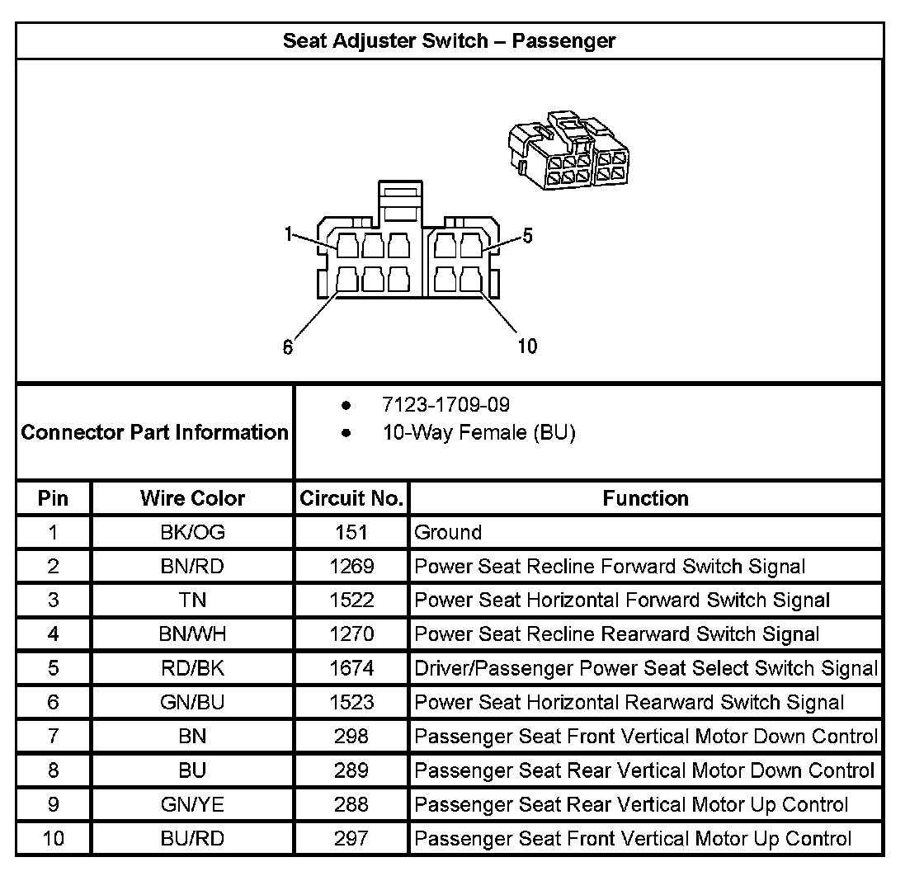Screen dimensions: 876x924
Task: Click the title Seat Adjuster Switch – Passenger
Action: tap(449, 40)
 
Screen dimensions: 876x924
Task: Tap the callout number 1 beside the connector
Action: tap(288, 234)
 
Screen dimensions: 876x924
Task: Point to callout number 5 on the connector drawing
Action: tap(527, 236)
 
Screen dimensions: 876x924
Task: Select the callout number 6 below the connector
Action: tap(287, 347)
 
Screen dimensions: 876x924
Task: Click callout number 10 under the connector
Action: tap(526, 346)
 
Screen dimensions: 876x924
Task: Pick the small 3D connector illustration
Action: tap(568, 153)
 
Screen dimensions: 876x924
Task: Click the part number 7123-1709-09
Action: tap(445, 405)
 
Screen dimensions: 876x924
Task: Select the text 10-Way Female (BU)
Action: tap(478, 432)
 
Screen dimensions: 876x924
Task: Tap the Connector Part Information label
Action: tap(154, 432)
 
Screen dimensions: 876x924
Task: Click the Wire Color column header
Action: tap(192, 498)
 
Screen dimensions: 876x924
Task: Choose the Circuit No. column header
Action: tap(351, 498)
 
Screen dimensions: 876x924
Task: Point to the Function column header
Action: tap(645, 498)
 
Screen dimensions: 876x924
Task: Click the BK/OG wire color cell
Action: tap(192, 532)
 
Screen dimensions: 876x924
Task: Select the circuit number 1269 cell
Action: tap(351, 566)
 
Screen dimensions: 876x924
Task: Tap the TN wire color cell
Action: tap(192, 600)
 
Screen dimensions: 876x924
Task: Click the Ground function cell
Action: tap(448, 532)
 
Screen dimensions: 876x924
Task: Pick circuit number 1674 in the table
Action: tap(351, 668)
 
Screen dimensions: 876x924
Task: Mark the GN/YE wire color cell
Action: tap(192, 804)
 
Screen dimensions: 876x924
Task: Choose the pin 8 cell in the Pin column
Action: tap(54, 770)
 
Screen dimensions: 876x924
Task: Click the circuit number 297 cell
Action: tap(351, 839)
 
